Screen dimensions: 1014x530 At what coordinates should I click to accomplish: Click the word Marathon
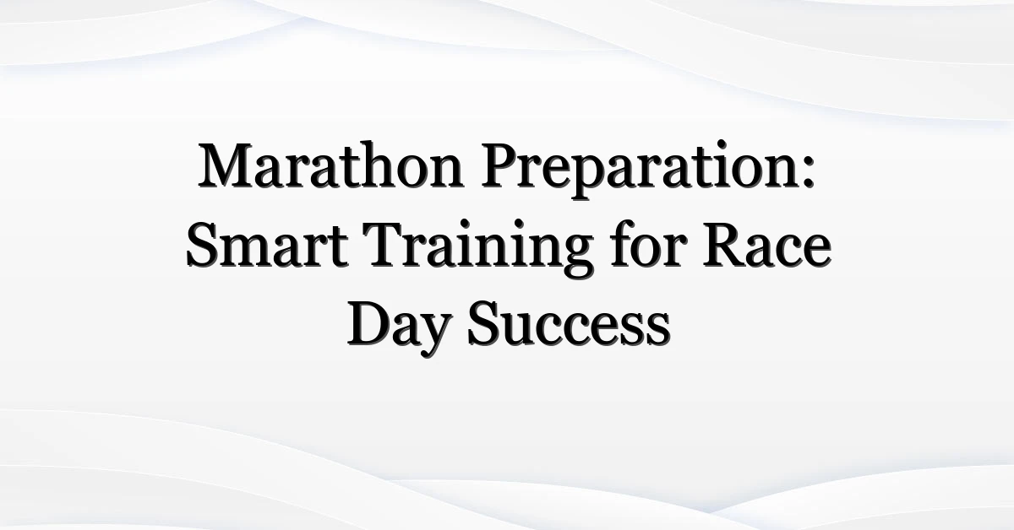[331, 165]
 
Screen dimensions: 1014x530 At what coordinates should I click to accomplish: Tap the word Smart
[268, 244]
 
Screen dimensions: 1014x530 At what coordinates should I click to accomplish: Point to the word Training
[481, 249]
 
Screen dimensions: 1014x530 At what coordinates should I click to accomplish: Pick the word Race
[767, 244]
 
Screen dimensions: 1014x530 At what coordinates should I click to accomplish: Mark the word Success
[569, 324]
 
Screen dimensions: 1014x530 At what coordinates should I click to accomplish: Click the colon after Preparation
[808, 173]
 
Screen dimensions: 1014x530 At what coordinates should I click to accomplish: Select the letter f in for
[621, 243]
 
